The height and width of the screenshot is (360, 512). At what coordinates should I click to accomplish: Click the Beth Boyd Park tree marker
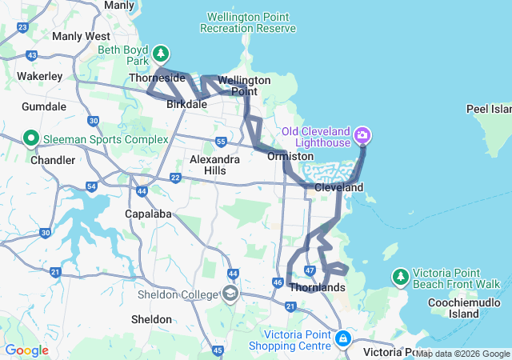(162, 54)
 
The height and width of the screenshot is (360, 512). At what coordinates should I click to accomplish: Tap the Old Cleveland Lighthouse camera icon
(363, 134)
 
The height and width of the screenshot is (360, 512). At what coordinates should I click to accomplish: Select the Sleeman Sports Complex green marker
(32, 138)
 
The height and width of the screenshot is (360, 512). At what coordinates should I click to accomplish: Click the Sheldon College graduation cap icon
(231, 294)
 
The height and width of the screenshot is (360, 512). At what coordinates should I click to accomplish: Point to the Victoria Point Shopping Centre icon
(342, 338)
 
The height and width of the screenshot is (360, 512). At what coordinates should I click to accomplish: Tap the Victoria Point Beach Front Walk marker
(401, 276)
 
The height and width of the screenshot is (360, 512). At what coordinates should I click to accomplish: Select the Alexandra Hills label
(214, 165)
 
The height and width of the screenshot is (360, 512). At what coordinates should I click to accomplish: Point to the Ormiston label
(290, 157)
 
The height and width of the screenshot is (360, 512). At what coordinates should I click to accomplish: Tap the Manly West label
(81, 36)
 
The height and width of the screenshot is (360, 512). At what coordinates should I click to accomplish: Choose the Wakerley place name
(40, 76)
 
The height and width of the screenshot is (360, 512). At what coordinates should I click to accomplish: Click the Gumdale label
(44, 106)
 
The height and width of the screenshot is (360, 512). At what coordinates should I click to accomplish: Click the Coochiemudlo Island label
(453, 308)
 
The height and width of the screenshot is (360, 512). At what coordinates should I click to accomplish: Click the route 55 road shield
(221, 142)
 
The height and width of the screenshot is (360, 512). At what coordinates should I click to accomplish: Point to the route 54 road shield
(92, 186)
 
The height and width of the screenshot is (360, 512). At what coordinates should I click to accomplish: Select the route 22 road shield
(175, 177)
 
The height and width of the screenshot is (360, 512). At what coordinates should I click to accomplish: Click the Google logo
(26, 350)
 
